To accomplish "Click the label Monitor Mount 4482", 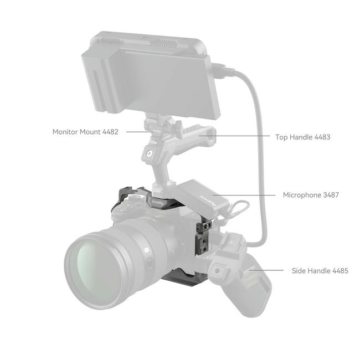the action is coord(85,132).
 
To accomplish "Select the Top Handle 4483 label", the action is coord(302,137).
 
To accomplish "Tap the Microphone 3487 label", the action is coord(311,195).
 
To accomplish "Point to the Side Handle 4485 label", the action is coord(320,271).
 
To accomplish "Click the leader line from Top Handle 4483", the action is coord(234,136).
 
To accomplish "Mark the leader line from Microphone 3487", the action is coord(244,195).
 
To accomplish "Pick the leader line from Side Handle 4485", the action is coord(267,270).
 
